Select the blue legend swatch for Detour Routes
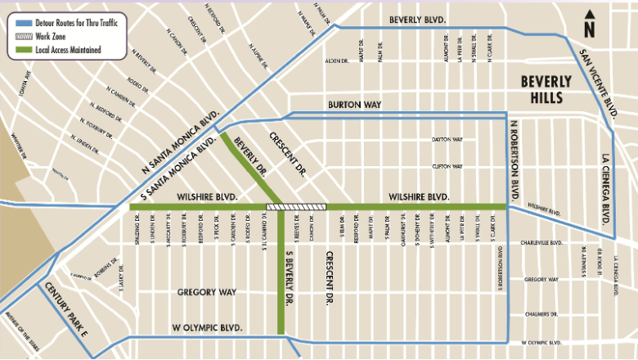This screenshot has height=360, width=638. coord(20,18)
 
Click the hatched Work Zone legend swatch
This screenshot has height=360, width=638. coord(20,34)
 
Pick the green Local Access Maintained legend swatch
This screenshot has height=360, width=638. coord(20,49)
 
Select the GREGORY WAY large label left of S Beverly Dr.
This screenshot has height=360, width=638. coord(206,292)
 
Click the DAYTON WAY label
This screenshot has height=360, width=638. coord(447,140)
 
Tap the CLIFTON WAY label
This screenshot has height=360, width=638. coord(447,166)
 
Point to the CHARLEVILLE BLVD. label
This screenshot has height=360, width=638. coord(542,243)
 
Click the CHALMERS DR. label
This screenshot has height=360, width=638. coord(541,313)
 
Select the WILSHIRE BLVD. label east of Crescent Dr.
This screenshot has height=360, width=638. coord(419,197)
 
